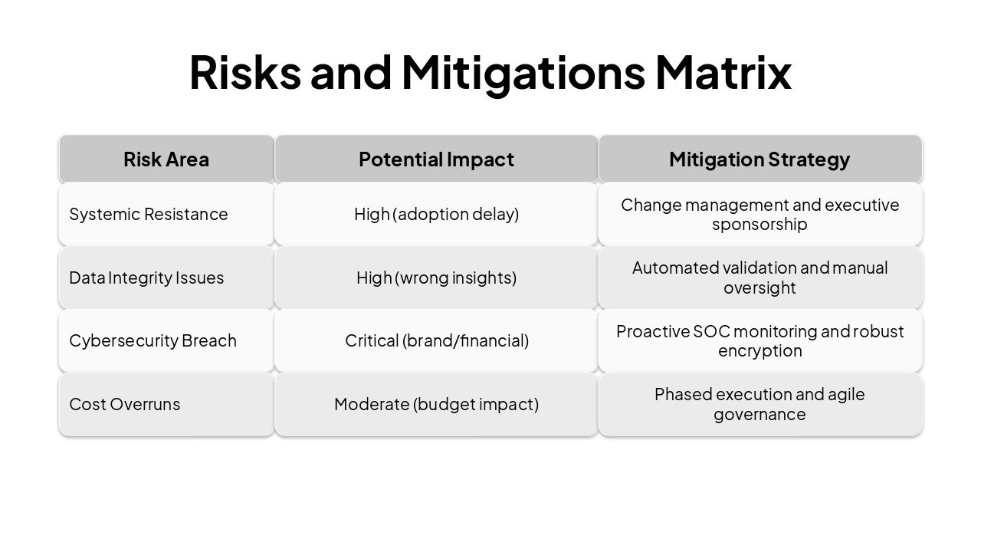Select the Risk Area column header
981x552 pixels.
pyautogui.click(x=166, y=159)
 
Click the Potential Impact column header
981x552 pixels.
pyautogui.click(x=436, y=159)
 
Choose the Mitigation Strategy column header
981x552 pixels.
pyautogui.click(x=760, y=159)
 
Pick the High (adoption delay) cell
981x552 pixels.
pyautogui.click(x=436, y=214)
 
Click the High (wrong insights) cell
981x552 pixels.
pyautogui.click(x=436, y=278)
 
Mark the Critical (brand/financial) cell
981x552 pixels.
pyautogui.click(x=436, y=340)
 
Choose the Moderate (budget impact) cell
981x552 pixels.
pyautogui.click(x=436, y=404)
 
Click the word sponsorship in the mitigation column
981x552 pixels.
pyautogui.click(x=760, y=225)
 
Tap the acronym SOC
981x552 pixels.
pyautogui.click(x=712, y=331)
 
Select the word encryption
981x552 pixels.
pyautogui.click(x=760, y=351)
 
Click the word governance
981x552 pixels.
pyautogui.click(x=760, y=415)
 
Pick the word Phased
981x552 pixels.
pyautogui.click(x=679, y=394)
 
